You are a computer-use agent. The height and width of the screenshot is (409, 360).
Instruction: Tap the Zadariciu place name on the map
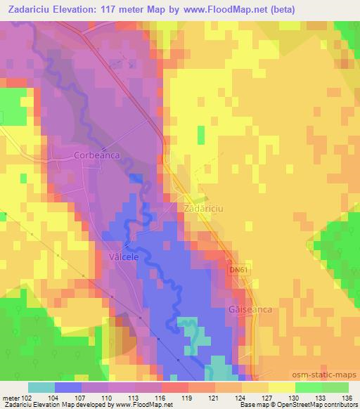point(202,210)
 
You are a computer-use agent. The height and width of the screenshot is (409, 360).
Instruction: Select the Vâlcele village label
point(124,257)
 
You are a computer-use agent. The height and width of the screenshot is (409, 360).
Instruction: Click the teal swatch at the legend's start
point(41,387)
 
